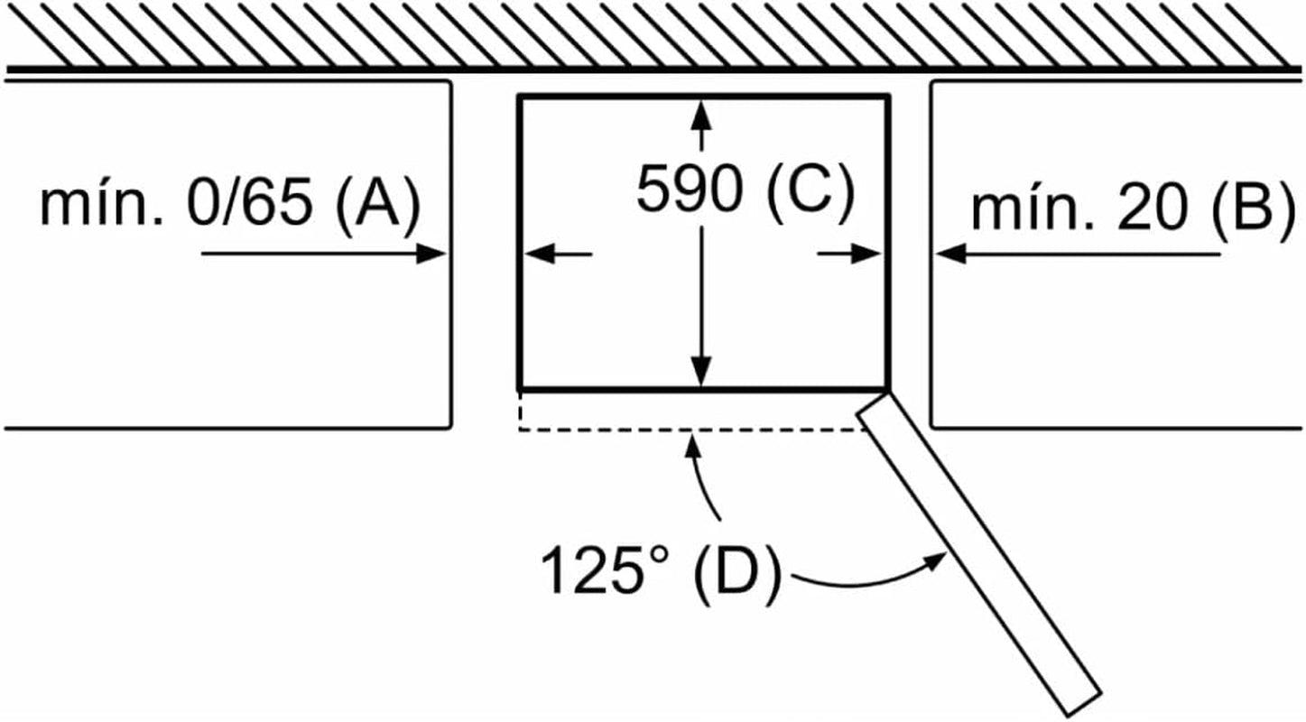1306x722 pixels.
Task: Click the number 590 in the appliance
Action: point(690,189)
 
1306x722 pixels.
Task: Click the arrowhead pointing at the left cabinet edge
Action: point(431,254)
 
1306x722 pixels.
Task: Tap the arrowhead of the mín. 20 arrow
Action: point(951,255)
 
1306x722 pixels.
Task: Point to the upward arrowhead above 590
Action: point(700,116)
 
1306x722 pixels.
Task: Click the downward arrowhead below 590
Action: point(700,370)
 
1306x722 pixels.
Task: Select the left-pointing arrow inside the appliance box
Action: point(559,255)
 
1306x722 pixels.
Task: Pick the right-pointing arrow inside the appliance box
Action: point(849,255)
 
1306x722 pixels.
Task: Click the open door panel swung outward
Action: point(979,554)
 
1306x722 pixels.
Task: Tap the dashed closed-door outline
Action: point(690,430)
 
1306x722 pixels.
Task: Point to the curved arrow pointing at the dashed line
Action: point(701,476)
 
